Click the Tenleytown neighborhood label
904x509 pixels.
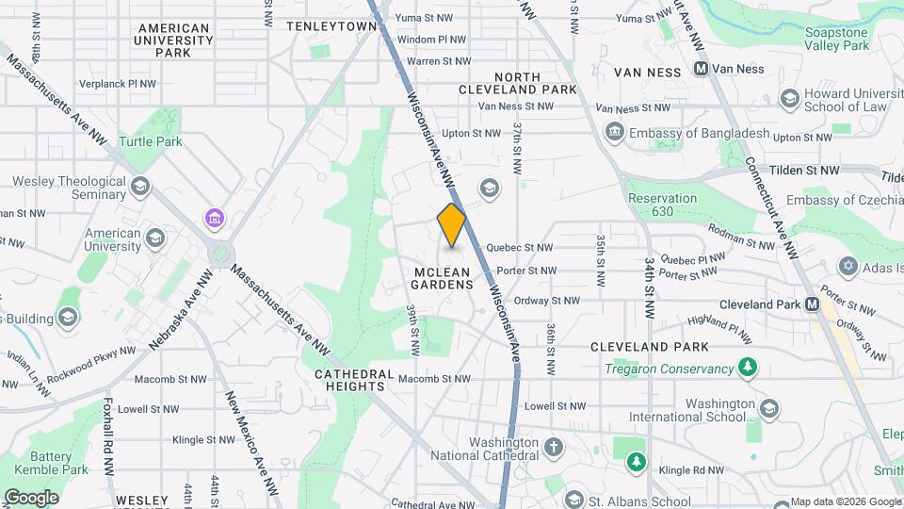[325, 26]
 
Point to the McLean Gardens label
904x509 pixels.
[443, 278]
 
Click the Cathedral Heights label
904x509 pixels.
[350, 380]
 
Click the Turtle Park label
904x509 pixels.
[151, 142]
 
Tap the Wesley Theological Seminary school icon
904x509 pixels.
[141, 185]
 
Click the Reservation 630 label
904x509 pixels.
[662, 205]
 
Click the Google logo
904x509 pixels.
[30, 497]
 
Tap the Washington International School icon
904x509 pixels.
[769, 408]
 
